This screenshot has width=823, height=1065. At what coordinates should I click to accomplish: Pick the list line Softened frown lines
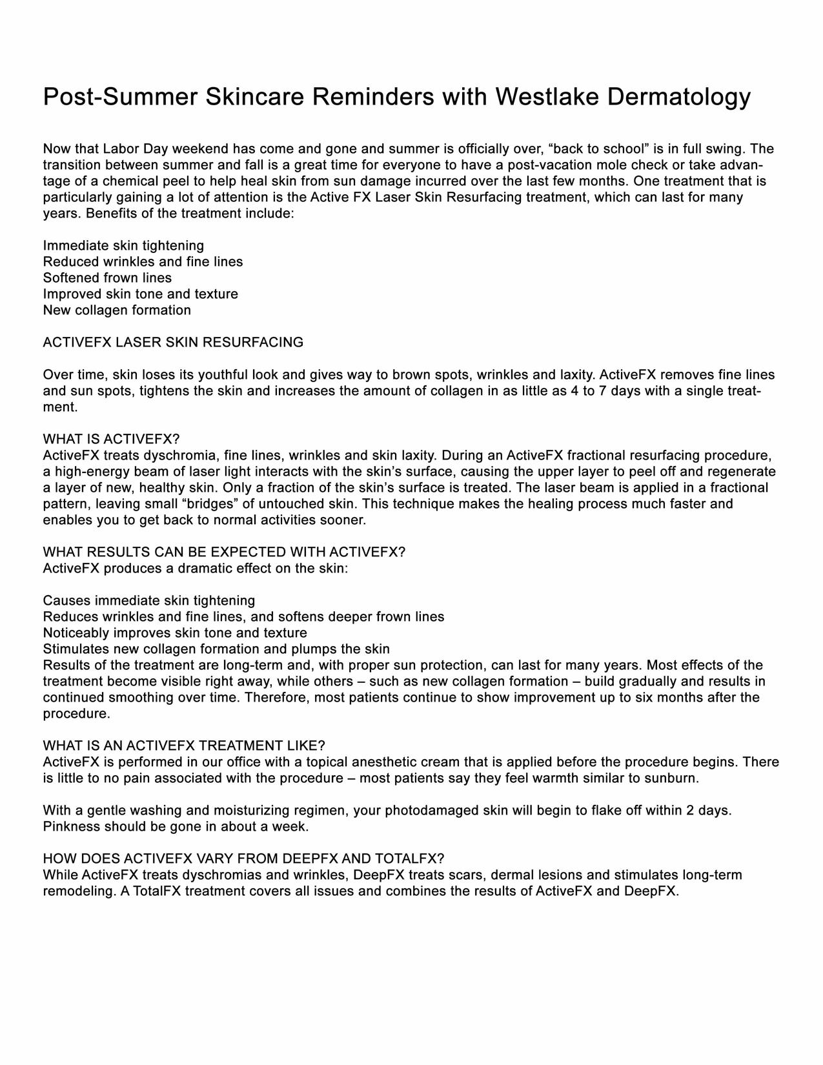107,278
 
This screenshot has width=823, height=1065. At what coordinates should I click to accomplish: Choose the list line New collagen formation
117,310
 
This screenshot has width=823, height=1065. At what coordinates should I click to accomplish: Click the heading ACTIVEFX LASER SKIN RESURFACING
173,343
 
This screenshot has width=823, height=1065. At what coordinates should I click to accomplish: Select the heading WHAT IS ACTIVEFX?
111,440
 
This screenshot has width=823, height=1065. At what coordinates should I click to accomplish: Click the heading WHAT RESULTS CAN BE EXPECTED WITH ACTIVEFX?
224,553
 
